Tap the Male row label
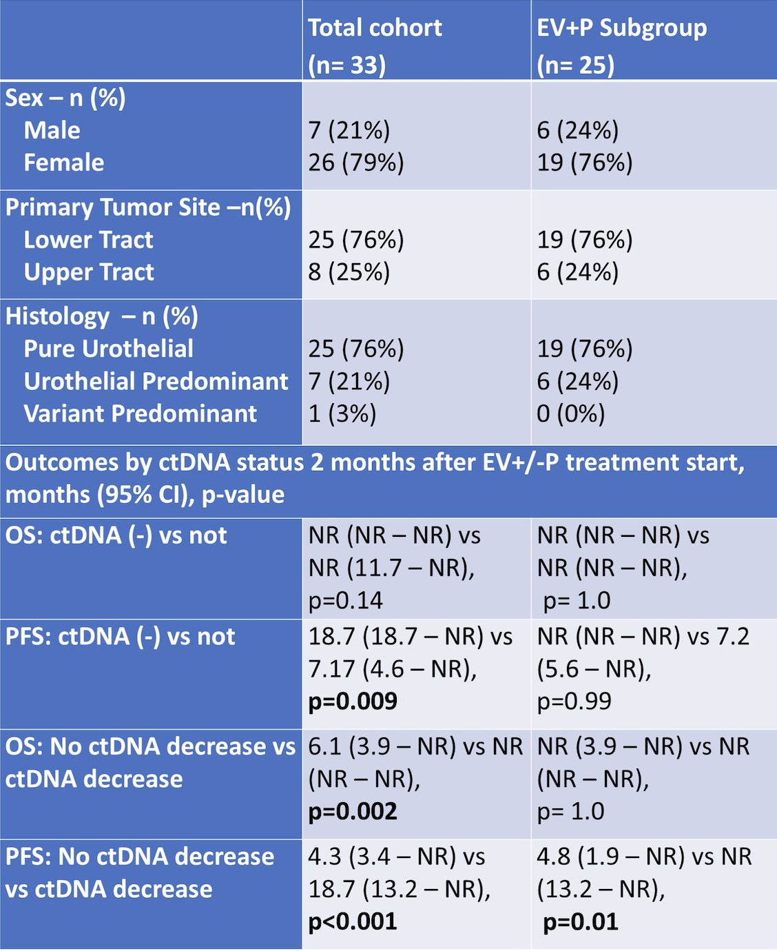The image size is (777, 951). click(x=52, y=130)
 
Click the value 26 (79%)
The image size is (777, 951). click(x=356, y=163)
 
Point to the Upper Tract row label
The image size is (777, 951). click(x=89, y=272)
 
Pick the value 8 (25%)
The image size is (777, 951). click(x=349, y=272)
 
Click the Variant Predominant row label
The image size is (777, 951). click(x=140, y=413)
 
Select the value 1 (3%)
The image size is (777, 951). click(x=342, y=413)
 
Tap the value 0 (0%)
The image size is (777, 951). click(x=570, y=413)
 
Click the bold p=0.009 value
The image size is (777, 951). click(x=353, y=701)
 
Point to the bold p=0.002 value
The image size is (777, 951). click(x=353, y=811)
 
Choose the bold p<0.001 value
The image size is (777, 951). click(x=353, y=921)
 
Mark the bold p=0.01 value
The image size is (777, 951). click(x=581, y=921)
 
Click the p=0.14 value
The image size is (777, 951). click(x=346, y=600)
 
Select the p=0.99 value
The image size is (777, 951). click(x=574, y=701)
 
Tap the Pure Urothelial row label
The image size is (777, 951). click(x=108, y=349)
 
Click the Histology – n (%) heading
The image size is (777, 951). click(x=101, y=316)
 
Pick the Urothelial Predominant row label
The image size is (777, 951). click(x=156, y=381)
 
